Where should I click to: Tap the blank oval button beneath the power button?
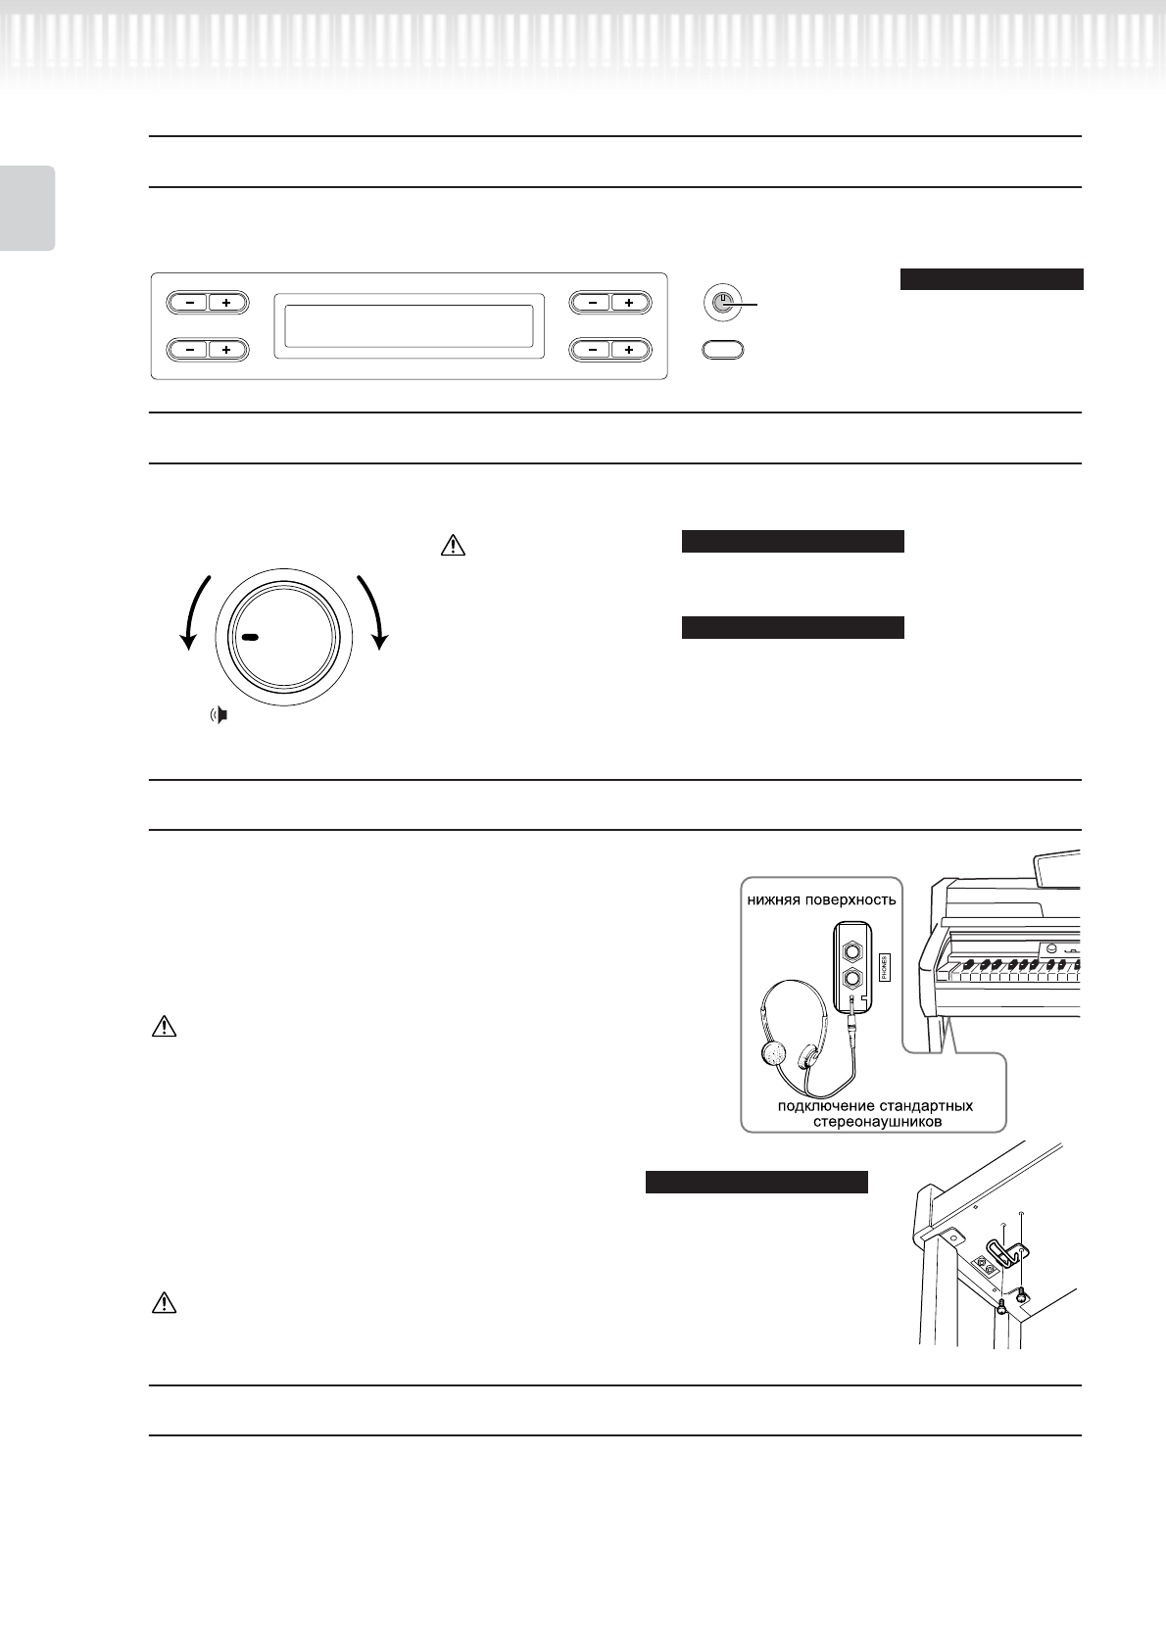722,348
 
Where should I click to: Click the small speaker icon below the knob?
220,715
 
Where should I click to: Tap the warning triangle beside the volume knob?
454,544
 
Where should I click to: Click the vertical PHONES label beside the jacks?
884,968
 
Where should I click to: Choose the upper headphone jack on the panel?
853,948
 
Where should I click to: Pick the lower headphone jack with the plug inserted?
853,978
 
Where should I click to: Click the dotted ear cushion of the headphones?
773,1054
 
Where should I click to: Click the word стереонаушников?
877,1121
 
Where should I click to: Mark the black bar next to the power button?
991,279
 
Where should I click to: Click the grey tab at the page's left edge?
26,208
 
